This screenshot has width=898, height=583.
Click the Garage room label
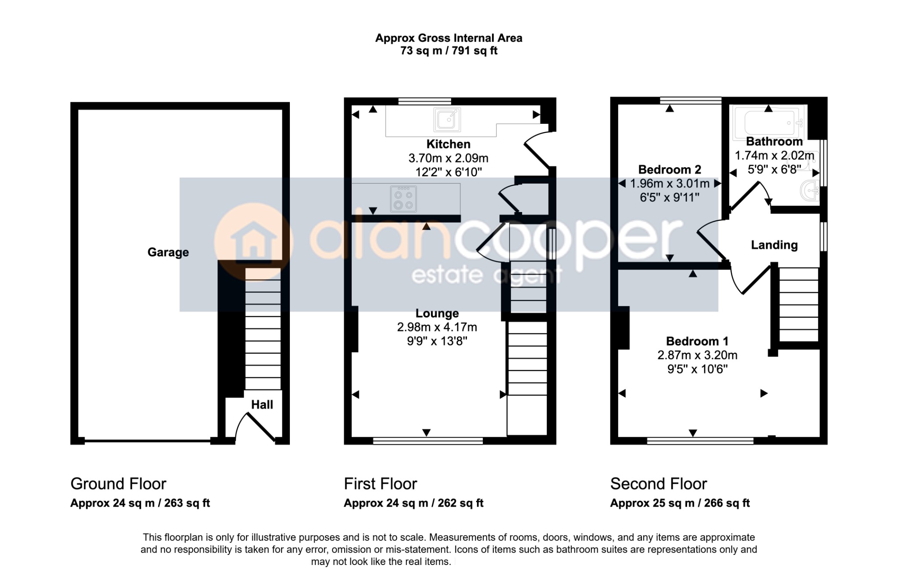(x=168, y=252)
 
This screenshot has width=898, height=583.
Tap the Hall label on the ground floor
(x=262, y=404)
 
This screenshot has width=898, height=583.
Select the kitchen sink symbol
(x=447, y=119)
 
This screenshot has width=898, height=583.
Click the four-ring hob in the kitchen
(x=403, y=199)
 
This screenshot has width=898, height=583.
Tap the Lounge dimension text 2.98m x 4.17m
(x=437, y=327)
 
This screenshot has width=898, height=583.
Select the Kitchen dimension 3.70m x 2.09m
(x=448, y=158)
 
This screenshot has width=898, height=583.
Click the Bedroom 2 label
(x=670, y=169)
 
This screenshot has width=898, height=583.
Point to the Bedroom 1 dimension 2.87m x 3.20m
(x=697, y=355)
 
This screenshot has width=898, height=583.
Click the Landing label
(x=774, y=245)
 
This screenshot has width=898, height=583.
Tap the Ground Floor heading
(x=118, y=484)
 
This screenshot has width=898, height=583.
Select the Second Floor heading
(x=659, y=484)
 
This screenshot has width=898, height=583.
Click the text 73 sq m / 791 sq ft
(x=449, y=51)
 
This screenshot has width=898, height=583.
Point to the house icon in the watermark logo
(x=253, y=241)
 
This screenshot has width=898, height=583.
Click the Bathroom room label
(x=774, y=141)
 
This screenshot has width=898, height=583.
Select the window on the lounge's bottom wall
(x=428, y=441)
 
